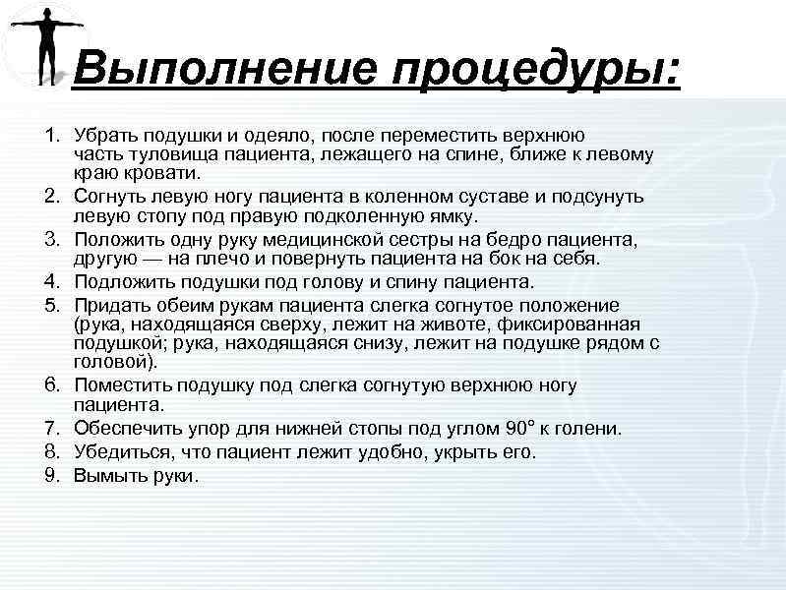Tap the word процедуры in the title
(532, 71)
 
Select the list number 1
(56, 133)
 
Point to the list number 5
(56, 304)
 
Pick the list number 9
(56, 476)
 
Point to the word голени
(589, 429)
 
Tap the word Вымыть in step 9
(107, 476)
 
